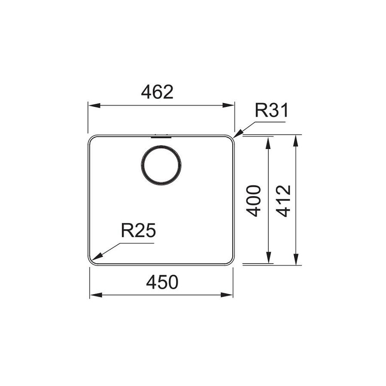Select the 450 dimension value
[162, 283]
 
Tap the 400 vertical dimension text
[254, 201]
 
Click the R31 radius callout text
[271, 111]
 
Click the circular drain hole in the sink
[161, 165]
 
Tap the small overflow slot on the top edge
[161, 137]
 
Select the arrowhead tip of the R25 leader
[93, 260]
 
